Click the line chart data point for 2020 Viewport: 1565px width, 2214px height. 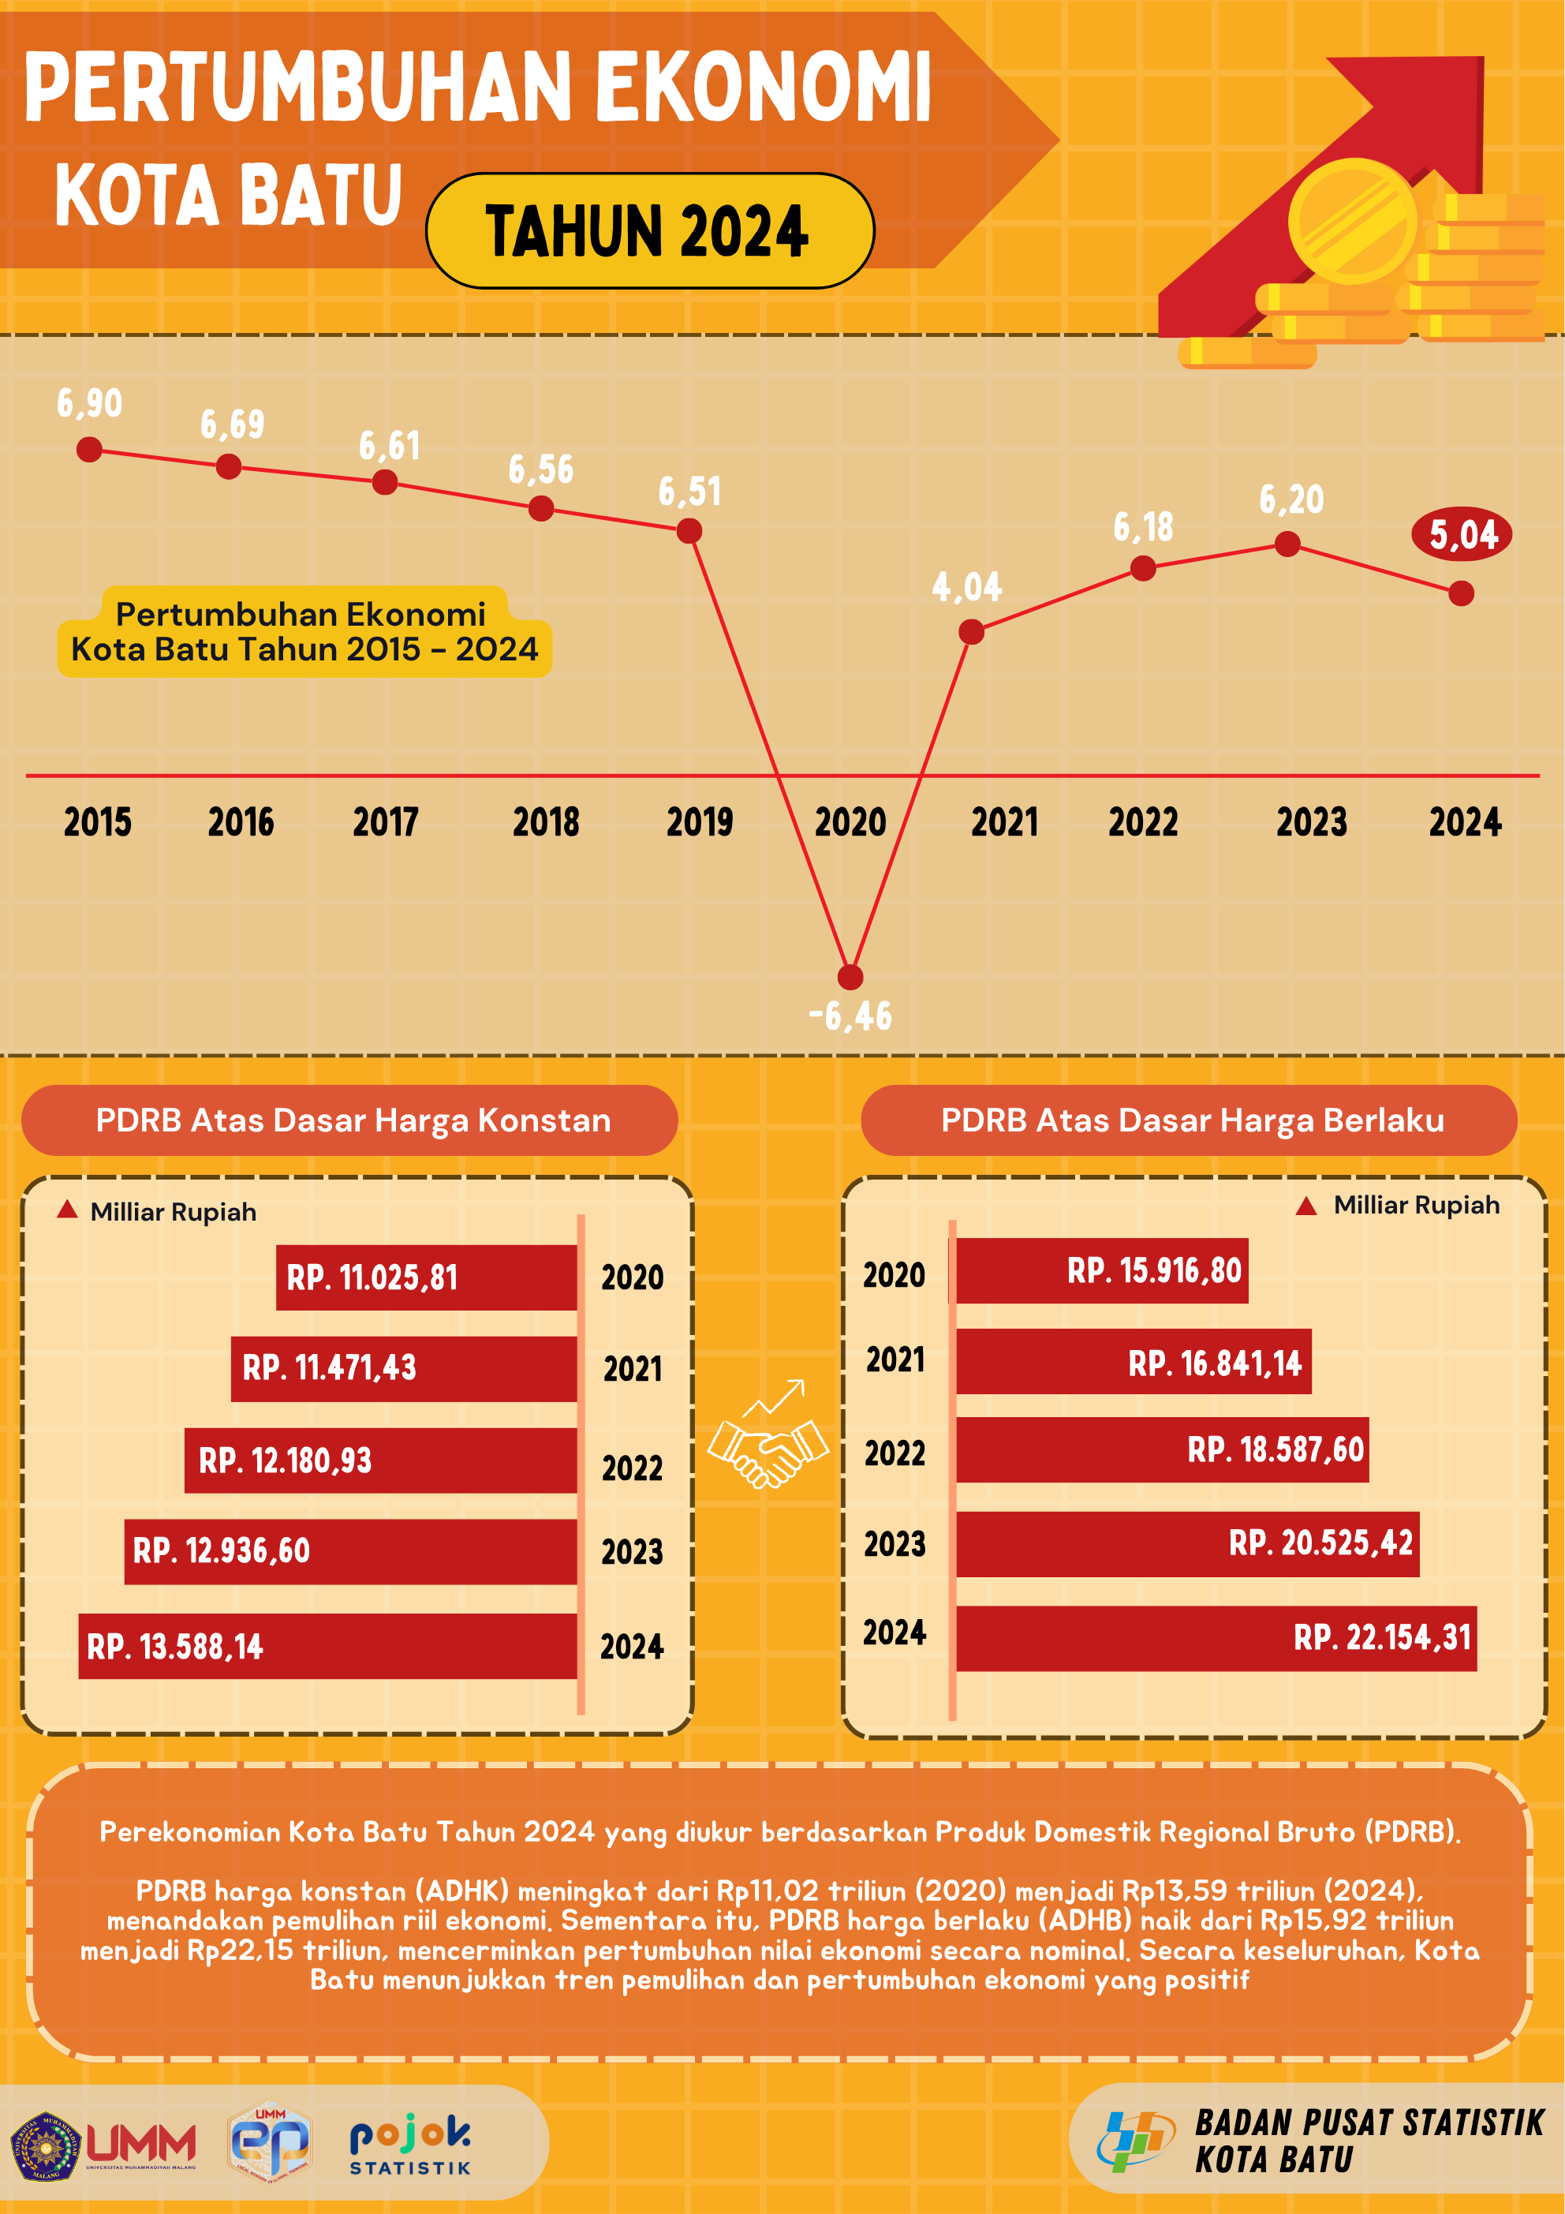pyautogui.click(x=850, y=977)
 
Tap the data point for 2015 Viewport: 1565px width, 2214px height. pyautogui.click(x=88, y=450)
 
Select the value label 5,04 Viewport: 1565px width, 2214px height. pyautogui.click(x=1461, y=534)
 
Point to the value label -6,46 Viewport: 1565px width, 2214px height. pyautogui.click(x=850, y=1016)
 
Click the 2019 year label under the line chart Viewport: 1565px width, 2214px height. pyautogui.click(x=699, y=822)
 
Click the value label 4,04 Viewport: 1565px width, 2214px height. pyautogui.click(x=966, y=587)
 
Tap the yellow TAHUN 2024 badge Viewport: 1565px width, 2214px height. pyautogui.click(x=650, y=231)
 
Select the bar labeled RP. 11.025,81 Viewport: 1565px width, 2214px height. pyautogui.click(x=426, y=1277)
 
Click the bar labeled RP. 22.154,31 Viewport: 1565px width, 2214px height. pyautogui.click(x=1216, y=1637)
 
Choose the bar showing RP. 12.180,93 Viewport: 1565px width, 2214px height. pyautogui.click(x=381, y=1460)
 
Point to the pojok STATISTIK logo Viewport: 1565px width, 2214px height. pyautogui.click(x=410, y=2145)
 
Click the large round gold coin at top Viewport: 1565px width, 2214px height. pyautogui.click(x=1352, y=221)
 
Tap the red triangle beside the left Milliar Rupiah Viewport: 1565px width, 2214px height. pyautogui.click(x=66, y=1210)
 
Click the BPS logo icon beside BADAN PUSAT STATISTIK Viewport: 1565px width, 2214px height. pyautogui.click(x=1134, y=2141)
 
